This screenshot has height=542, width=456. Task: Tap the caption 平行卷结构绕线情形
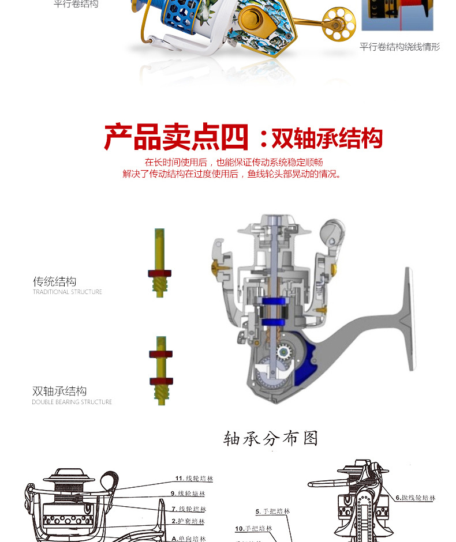(399, 47)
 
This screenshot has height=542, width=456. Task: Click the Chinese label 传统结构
(54, 281)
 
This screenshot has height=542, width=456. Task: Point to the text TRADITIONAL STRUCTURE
(67, 292)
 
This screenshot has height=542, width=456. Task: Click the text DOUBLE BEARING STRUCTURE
(72, 402)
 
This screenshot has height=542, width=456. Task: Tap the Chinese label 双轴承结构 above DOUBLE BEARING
(59, 391)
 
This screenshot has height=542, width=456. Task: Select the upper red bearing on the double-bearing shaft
(160, 354)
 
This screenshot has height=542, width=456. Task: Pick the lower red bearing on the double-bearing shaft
(160, 381)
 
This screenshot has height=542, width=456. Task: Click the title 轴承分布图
(271, 439)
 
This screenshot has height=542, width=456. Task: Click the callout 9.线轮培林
(188, 494)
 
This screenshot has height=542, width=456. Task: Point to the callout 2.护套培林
(188, 521)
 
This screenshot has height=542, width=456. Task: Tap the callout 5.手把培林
(272, 511)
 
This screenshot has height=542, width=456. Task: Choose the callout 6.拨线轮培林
(416, 498)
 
